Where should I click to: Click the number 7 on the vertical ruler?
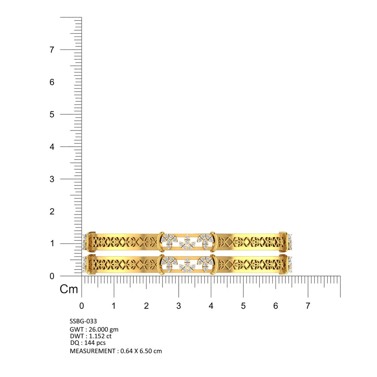(x=52, y=50)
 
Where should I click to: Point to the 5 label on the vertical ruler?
(x=52, y=115)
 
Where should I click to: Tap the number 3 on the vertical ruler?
(x=52, y=179)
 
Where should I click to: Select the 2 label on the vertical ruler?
(x=52, y=211)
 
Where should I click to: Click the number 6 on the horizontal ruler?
(x=276, y=306)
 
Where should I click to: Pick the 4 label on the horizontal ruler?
(x=211, y=306)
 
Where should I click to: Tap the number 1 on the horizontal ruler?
(x=114, y=306)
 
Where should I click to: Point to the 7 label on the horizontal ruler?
(x=308, y=306)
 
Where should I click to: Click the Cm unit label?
(x=69, y=289)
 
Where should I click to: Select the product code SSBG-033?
(x=83, y=321)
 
